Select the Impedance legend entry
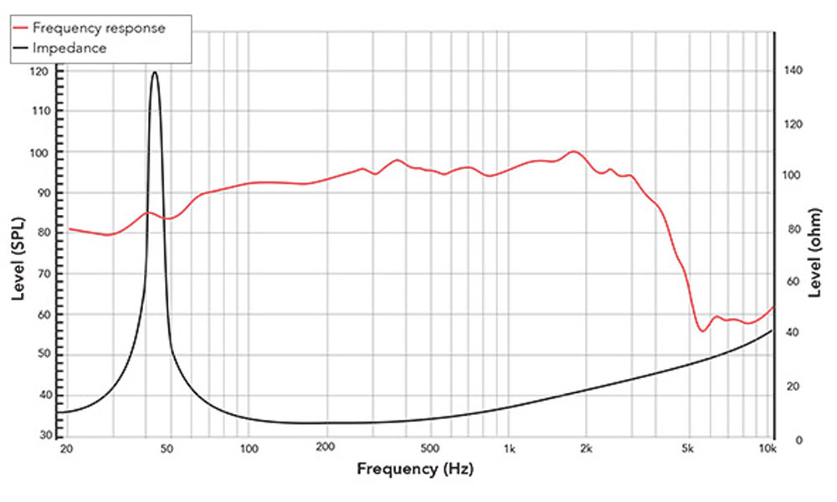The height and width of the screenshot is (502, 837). pyautogui.click(x=69, y=48)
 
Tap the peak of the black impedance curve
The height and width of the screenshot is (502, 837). pyautogui.click(x=155, y=72)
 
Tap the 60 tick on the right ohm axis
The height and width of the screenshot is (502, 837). pyautogui.click(x=790, y=282)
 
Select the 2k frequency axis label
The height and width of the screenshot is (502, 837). pyautogui.click(x=588, y=450)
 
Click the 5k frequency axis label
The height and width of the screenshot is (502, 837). pyautogui.click(x=690, y=450)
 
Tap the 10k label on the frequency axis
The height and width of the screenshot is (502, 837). pyautogui.click(x=768, y=450)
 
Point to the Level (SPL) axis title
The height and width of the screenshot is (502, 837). pyautogui.click(x=18, y=259)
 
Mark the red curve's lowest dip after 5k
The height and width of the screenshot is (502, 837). pyautogui.click(x=702, y=331)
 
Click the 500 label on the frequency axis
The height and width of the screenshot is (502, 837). pyautogui.click(x=429, y=450)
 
